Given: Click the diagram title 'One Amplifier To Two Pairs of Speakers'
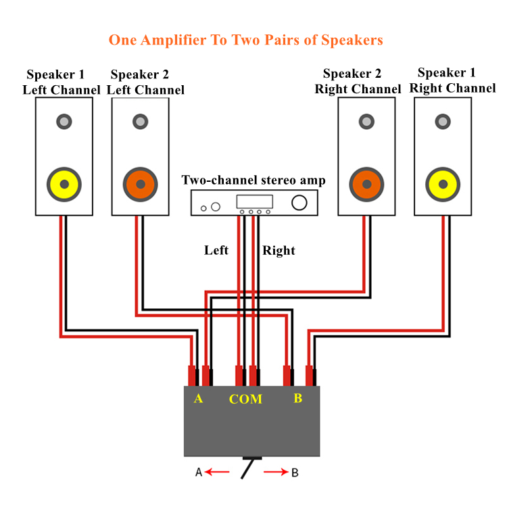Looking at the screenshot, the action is [x=246, y=41].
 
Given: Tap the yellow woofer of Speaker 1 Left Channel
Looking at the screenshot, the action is [x=64, y=185].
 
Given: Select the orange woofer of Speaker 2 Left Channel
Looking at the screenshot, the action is [x=141, y=185].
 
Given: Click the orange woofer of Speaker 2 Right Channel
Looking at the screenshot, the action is [x=366, y=185].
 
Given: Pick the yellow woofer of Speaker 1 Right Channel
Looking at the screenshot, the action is [x=443, y=185].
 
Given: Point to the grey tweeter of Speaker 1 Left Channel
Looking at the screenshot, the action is [x=64, y=122].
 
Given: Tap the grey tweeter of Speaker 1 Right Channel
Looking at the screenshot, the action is [x=443, y=122].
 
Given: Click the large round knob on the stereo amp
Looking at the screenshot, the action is [x=299, y=202].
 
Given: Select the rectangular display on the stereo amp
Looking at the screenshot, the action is [x=255, y=201].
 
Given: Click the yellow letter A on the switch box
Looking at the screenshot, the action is [x=199, y=398].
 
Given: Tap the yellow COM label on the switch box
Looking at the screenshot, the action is [x=246, y=399].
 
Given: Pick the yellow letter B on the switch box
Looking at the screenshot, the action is [x=298, y=398].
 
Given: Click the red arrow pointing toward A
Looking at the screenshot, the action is [x=217, y=472].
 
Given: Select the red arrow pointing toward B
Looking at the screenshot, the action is [x=276, y=472].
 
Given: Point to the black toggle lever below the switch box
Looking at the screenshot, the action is [x=248, y=468].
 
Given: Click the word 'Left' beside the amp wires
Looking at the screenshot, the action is [x=216, y=250].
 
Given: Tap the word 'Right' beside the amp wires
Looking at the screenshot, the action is [x=279, y=251].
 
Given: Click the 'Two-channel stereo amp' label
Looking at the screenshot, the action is [x=254, y=180].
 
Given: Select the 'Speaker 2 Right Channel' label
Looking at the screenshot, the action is [x=358, y=81].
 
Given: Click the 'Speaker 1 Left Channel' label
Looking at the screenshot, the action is [x=62, y=82].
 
